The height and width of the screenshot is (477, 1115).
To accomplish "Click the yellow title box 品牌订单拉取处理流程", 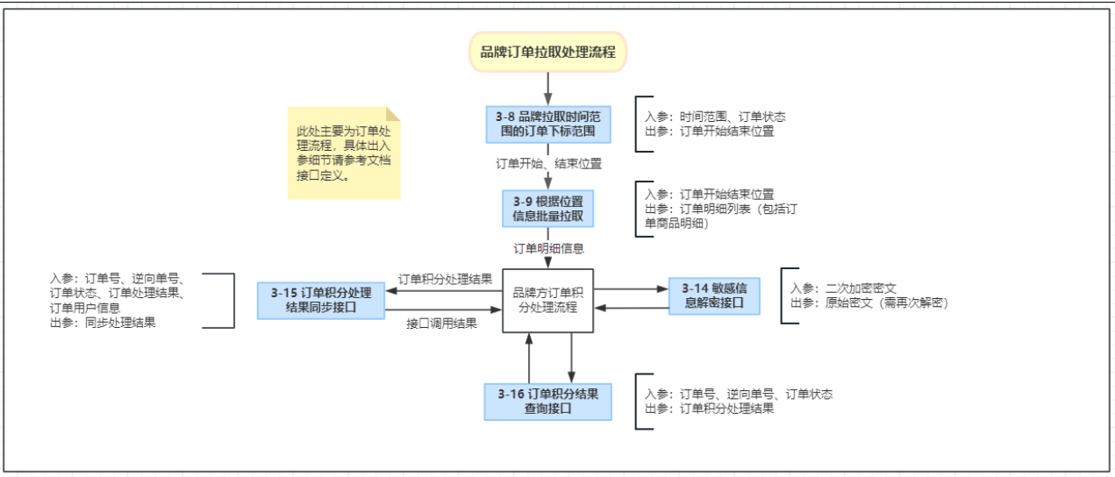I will pyautogui.click(x=547, y=52).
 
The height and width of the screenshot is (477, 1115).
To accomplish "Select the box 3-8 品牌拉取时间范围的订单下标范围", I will pyautogui.click(x=547, y=125).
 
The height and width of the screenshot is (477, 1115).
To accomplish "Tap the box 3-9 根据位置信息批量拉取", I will pyautogui.click(x=547, y=208).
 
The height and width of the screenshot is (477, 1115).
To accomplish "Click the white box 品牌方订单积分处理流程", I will pyautogui.click(x=547, y=300).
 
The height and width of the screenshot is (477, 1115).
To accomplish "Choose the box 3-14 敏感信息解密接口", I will pyautogui.click(x=713, y=296).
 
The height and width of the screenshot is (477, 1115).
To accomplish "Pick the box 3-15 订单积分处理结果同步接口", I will pyautogui.click(x=322, y=300).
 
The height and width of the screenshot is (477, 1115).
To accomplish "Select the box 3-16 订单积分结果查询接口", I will pyautogui.click(x=547, y=402).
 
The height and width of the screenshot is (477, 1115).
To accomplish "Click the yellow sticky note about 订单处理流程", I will pyautogui.click(x=342, y=153).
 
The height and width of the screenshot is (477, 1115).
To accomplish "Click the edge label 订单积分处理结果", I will pyautogui.click(x=445, y=280).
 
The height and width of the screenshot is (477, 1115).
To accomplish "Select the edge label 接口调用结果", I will pyautogui.click(x=442, y=324).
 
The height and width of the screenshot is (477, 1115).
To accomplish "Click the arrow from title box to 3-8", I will pyautogui.click(x=547, y=88).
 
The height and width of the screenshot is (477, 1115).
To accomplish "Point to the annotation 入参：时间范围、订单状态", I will pyautogui.click(x=715, y=117).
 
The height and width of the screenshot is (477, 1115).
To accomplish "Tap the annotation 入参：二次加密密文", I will pyautogui.click(x=842, y=288).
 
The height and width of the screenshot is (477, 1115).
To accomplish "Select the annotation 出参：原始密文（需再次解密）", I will pyautogui.click(x=868, y=303).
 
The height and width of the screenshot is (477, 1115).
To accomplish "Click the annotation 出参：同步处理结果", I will pyautogui.click(x=104, y=323).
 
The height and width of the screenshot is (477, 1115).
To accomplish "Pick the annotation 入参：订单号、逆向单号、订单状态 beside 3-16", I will pyautogui.click(x=739, y=395).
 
